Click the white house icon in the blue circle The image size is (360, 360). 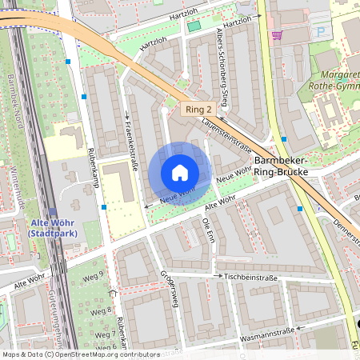pyautogui.click(x=180, y=172)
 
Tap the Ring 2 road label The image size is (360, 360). pyautogui.click(x=197, y=110)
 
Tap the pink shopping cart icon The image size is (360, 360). pyautogui.click(x=277, y=35)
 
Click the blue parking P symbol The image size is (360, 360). pyautogui.click(x=322, y=31)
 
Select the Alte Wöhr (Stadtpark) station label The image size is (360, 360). pyautogui.click(x=50, y=227)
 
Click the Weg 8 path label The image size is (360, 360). pyautogui.click(x=101, y=311)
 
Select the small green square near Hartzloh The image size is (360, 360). pyautogui.click(x=194, y=27)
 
